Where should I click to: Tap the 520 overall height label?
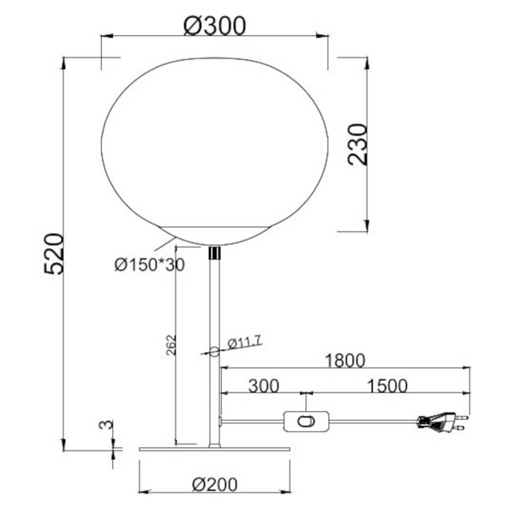tap(54, 253)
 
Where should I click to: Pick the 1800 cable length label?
tap(344, 360)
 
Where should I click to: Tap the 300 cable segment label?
tap(263, 385)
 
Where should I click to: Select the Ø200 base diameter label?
tap(215, 484)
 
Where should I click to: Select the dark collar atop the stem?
tap(214, 253)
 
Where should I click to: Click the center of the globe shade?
tap(215, 146)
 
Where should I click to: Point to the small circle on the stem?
tap(214, 350)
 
